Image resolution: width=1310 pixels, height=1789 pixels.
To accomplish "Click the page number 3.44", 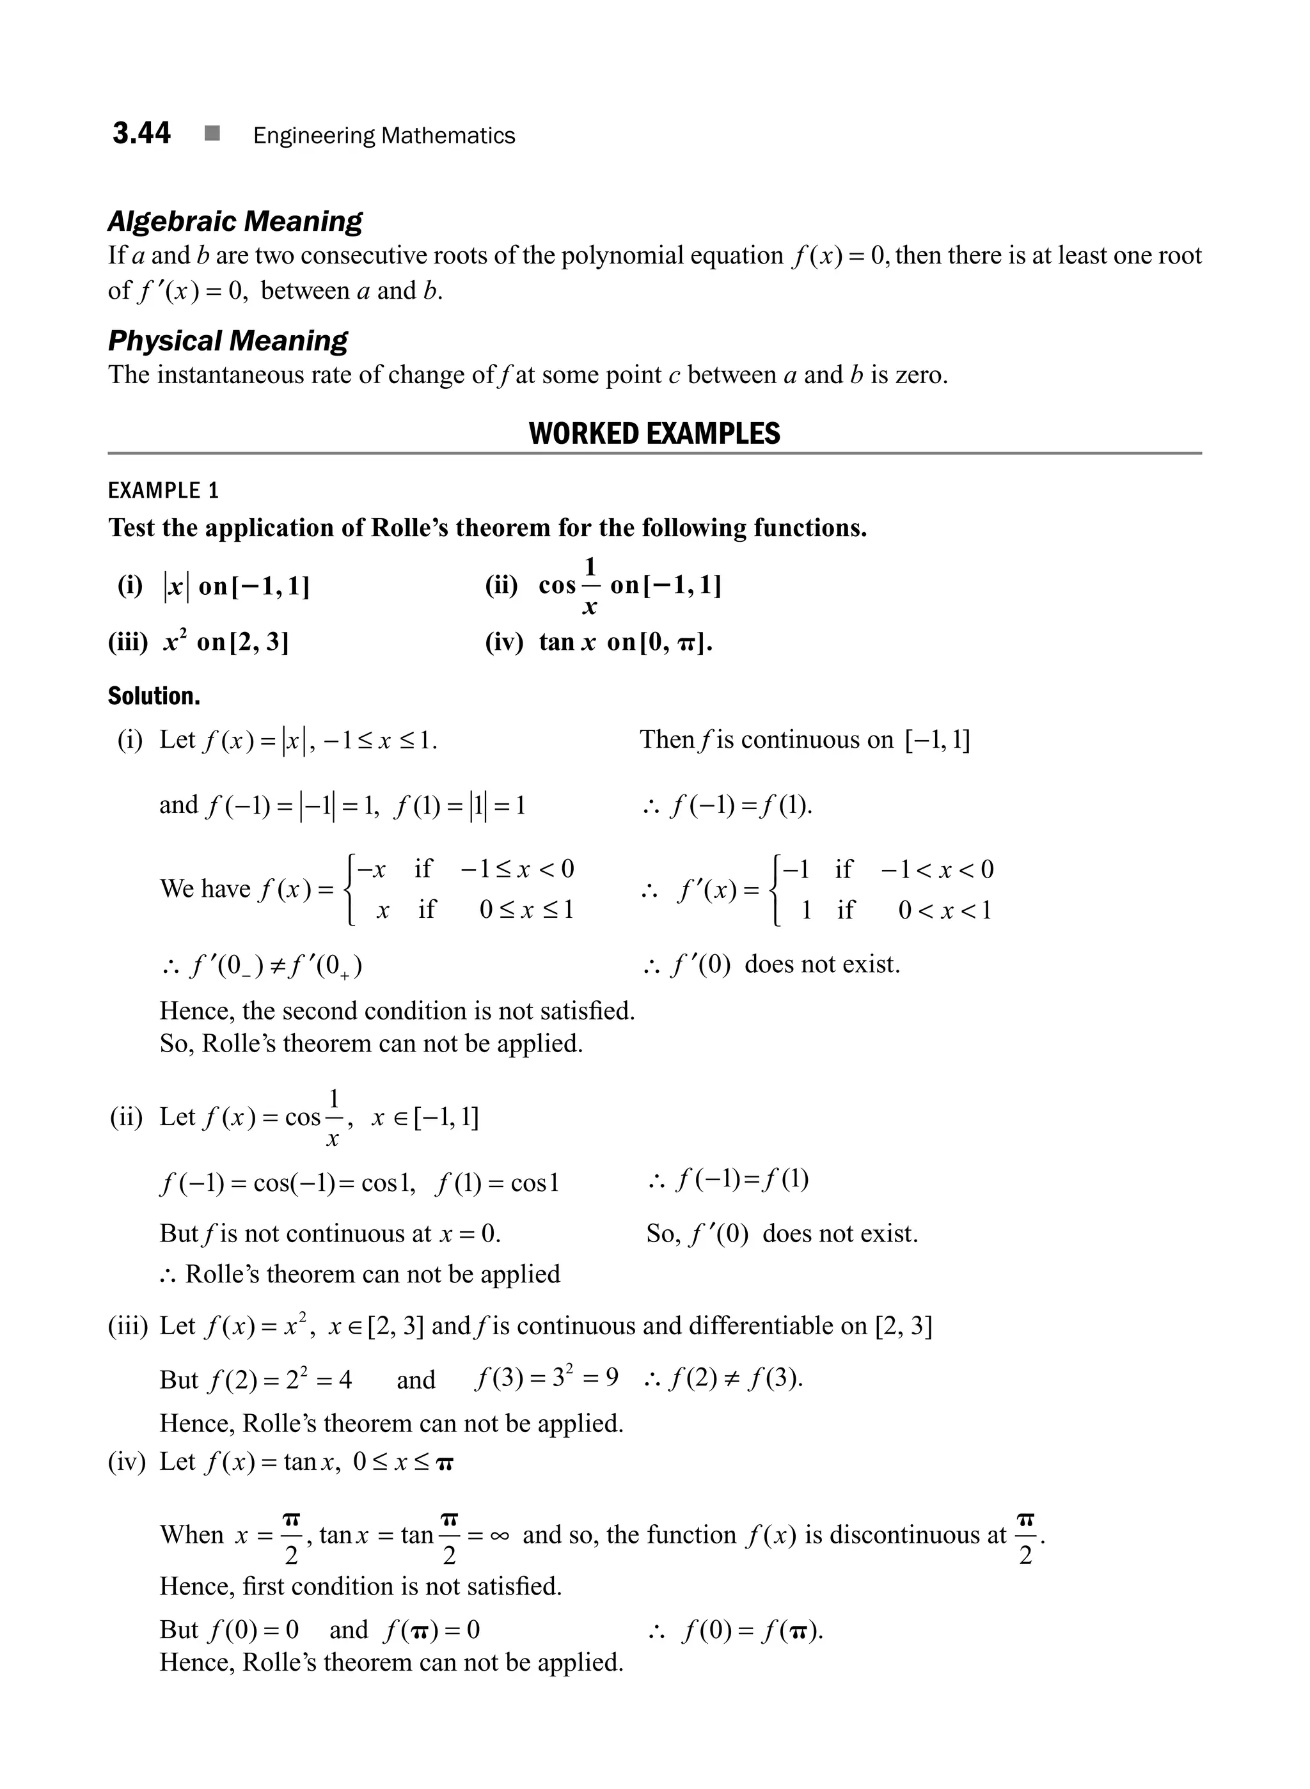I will [141, 133].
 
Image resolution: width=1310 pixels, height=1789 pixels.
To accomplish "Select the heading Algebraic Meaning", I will [235, 221].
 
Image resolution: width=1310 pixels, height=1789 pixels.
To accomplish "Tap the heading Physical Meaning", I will [228, 341].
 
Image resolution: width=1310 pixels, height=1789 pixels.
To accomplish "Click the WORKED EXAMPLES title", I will [654, 434].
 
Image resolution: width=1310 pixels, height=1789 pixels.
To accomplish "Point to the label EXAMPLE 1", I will [162, 491].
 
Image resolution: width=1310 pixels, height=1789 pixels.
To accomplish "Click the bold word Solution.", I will [154, 697].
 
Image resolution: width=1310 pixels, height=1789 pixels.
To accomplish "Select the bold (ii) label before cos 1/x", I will [501, 586].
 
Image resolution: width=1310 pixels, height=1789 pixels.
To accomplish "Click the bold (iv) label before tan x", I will [503, 642].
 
